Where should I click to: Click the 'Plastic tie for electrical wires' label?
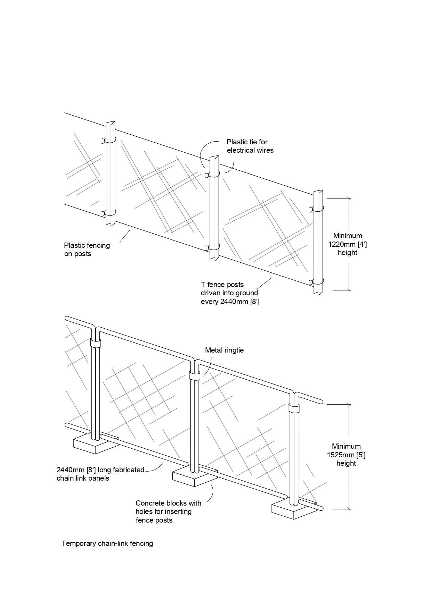pyautogui.click(x=250, y=146)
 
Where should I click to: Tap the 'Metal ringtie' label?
pyautogui.click(x=224, y=350)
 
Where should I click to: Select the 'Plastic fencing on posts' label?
pyautogui.click(x=87, y=249)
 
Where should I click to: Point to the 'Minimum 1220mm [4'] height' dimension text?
pyautogui.click(x=348, y=244)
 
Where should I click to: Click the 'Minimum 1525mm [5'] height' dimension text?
pyautogui.click(x=346, y=455)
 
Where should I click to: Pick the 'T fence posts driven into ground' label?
pyautogui.click(x=229, y=293)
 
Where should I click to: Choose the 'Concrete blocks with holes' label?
pyautogui.click(x=168, y=511)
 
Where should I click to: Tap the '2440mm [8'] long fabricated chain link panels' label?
pyautogui.click(x=100, y=474)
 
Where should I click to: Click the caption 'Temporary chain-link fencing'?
pyautogui.click(x=107, y=543)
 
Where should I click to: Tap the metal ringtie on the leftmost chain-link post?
pyautogui.click(x=95, y=343)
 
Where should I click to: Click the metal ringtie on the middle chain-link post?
pyautogui.click(x=195, y=375)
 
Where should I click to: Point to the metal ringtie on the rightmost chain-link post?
pyautogui.click(x=294, y=408)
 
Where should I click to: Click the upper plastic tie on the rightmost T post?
pyautogui.click(x=317, y=209)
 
